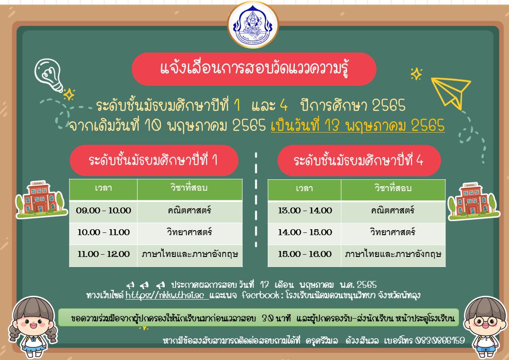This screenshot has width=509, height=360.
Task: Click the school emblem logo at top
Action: click(253, 25)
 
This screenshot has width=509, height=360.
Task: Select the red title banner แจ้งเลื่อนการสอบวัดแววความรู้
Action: click(254, 69)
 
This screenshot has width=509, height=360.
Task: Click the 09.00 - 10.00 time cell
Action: click(103, 211)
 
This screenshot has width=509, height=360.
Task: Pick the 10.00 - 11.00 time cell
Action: click(103, 232)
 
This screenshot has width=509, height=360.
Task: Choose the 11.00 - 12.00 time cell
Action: click(103, 254)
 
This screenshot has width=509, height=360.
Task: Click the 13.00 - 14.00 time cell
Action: click(304, 211)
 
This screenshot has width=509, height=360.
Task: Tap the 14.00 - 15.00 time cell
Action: click(304, 232)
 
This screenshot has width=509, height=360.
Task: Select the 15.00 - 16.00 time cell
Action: click(304, 254)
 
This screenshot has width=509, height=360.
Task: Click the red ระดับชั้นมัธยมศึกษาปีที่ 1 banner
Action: click(154, 160)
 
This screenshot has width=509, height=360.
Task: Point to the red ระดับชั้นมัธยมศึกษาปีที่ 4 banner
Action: click(359, 161)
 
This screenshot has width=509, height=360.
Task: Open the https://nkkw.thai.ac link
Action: click(166, 295)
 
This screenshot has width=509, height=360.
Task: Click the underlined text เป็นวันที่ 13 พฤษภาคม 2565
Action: click(358, 126)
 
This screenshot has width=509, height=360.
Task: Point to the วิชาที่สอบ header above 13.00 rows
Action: click(393, 188)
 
